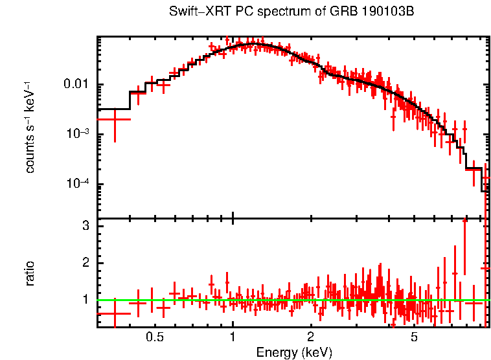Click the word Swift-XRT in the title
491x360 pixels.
tap(192, 12)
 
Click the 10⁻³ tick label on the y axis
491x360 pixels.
tap(78, 134)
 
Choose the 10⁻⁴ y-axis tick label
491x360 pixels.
tap(78, 184)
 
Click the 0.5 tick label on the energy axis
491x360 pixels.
tap(154, 337)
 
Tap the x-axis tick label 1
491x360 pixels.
tap(233, 337)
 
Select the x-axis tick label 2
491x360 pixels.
tap(311, 337)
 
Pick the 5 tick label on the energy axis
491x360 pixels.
tap(415, 337)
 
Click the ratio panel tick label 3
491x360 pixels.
tap(85, 226)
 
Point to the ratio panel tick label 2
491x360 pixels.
tap(85, 263)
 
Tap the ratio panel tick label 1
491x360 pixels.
tap(85, 300)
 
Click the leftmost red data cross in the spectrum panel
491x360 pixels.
tap(115, 119)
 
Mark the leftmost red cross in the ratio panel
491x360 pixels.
tap(115, 313)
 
